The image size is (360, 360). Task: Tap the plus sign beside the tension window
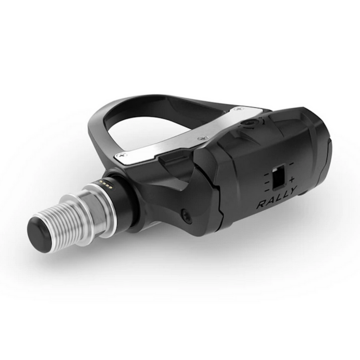pyautogui.click(x=291, y=180)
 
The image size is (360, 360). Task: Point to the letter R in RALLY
pyautogui.click(x=261, y=204)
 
